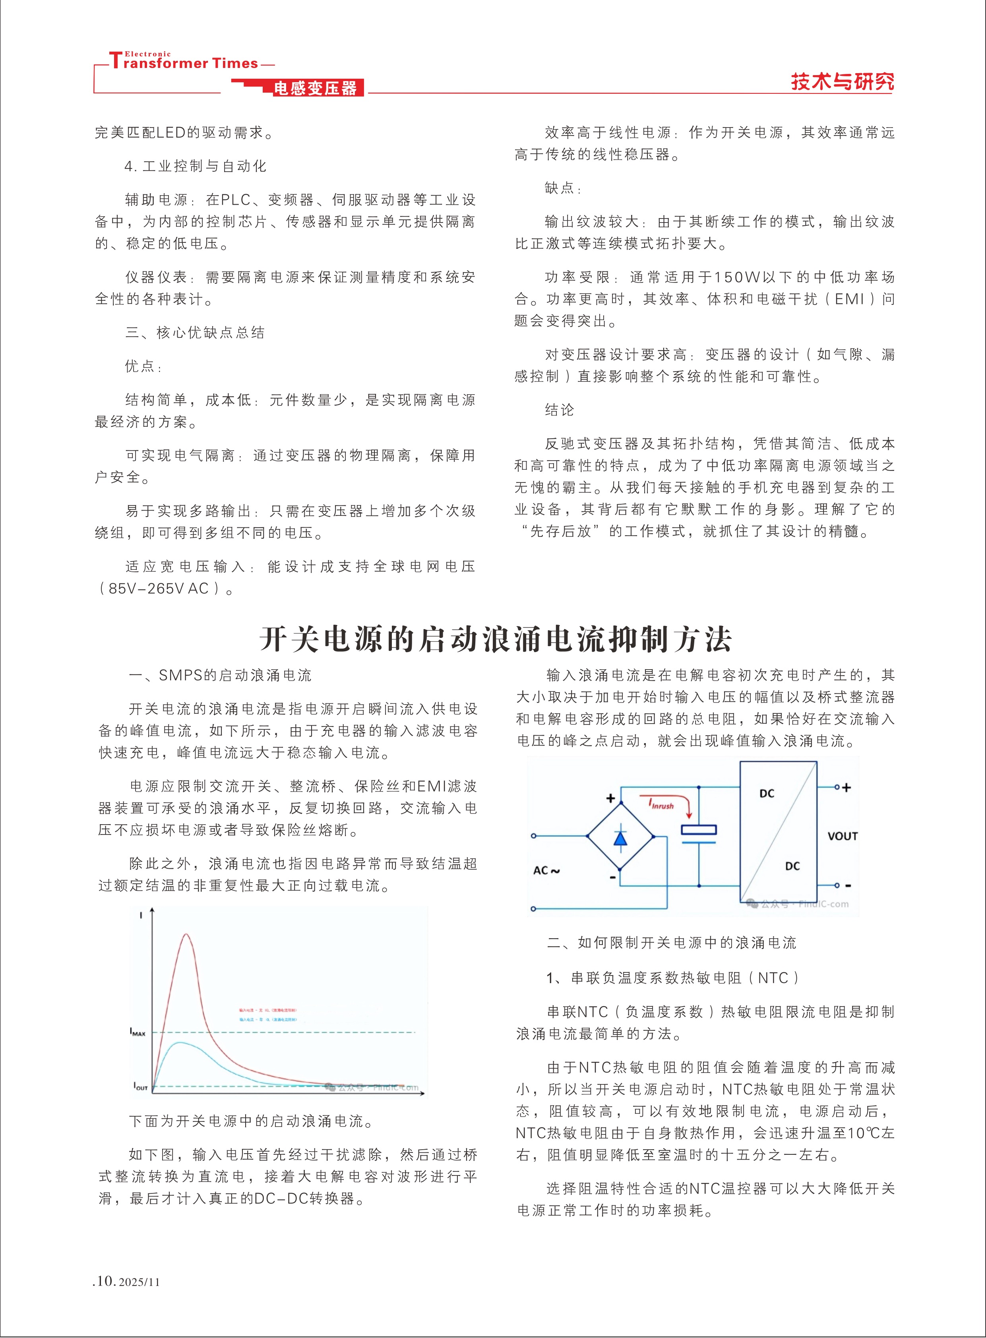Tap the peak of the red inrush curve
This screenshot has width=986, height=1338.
coord(186,935)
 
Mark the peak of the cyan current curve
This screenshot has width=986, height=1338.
coord(180,1043)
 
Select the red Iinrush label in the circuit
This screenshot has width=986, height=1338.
coord(661,804)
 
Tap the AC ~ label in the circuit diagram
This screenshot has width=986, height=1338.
coord(546,870)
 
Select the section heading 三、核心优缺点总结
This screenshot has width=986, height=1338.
coord(195,332)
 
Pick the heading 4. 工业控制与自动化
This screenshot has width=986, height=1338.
coord(195,166)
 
